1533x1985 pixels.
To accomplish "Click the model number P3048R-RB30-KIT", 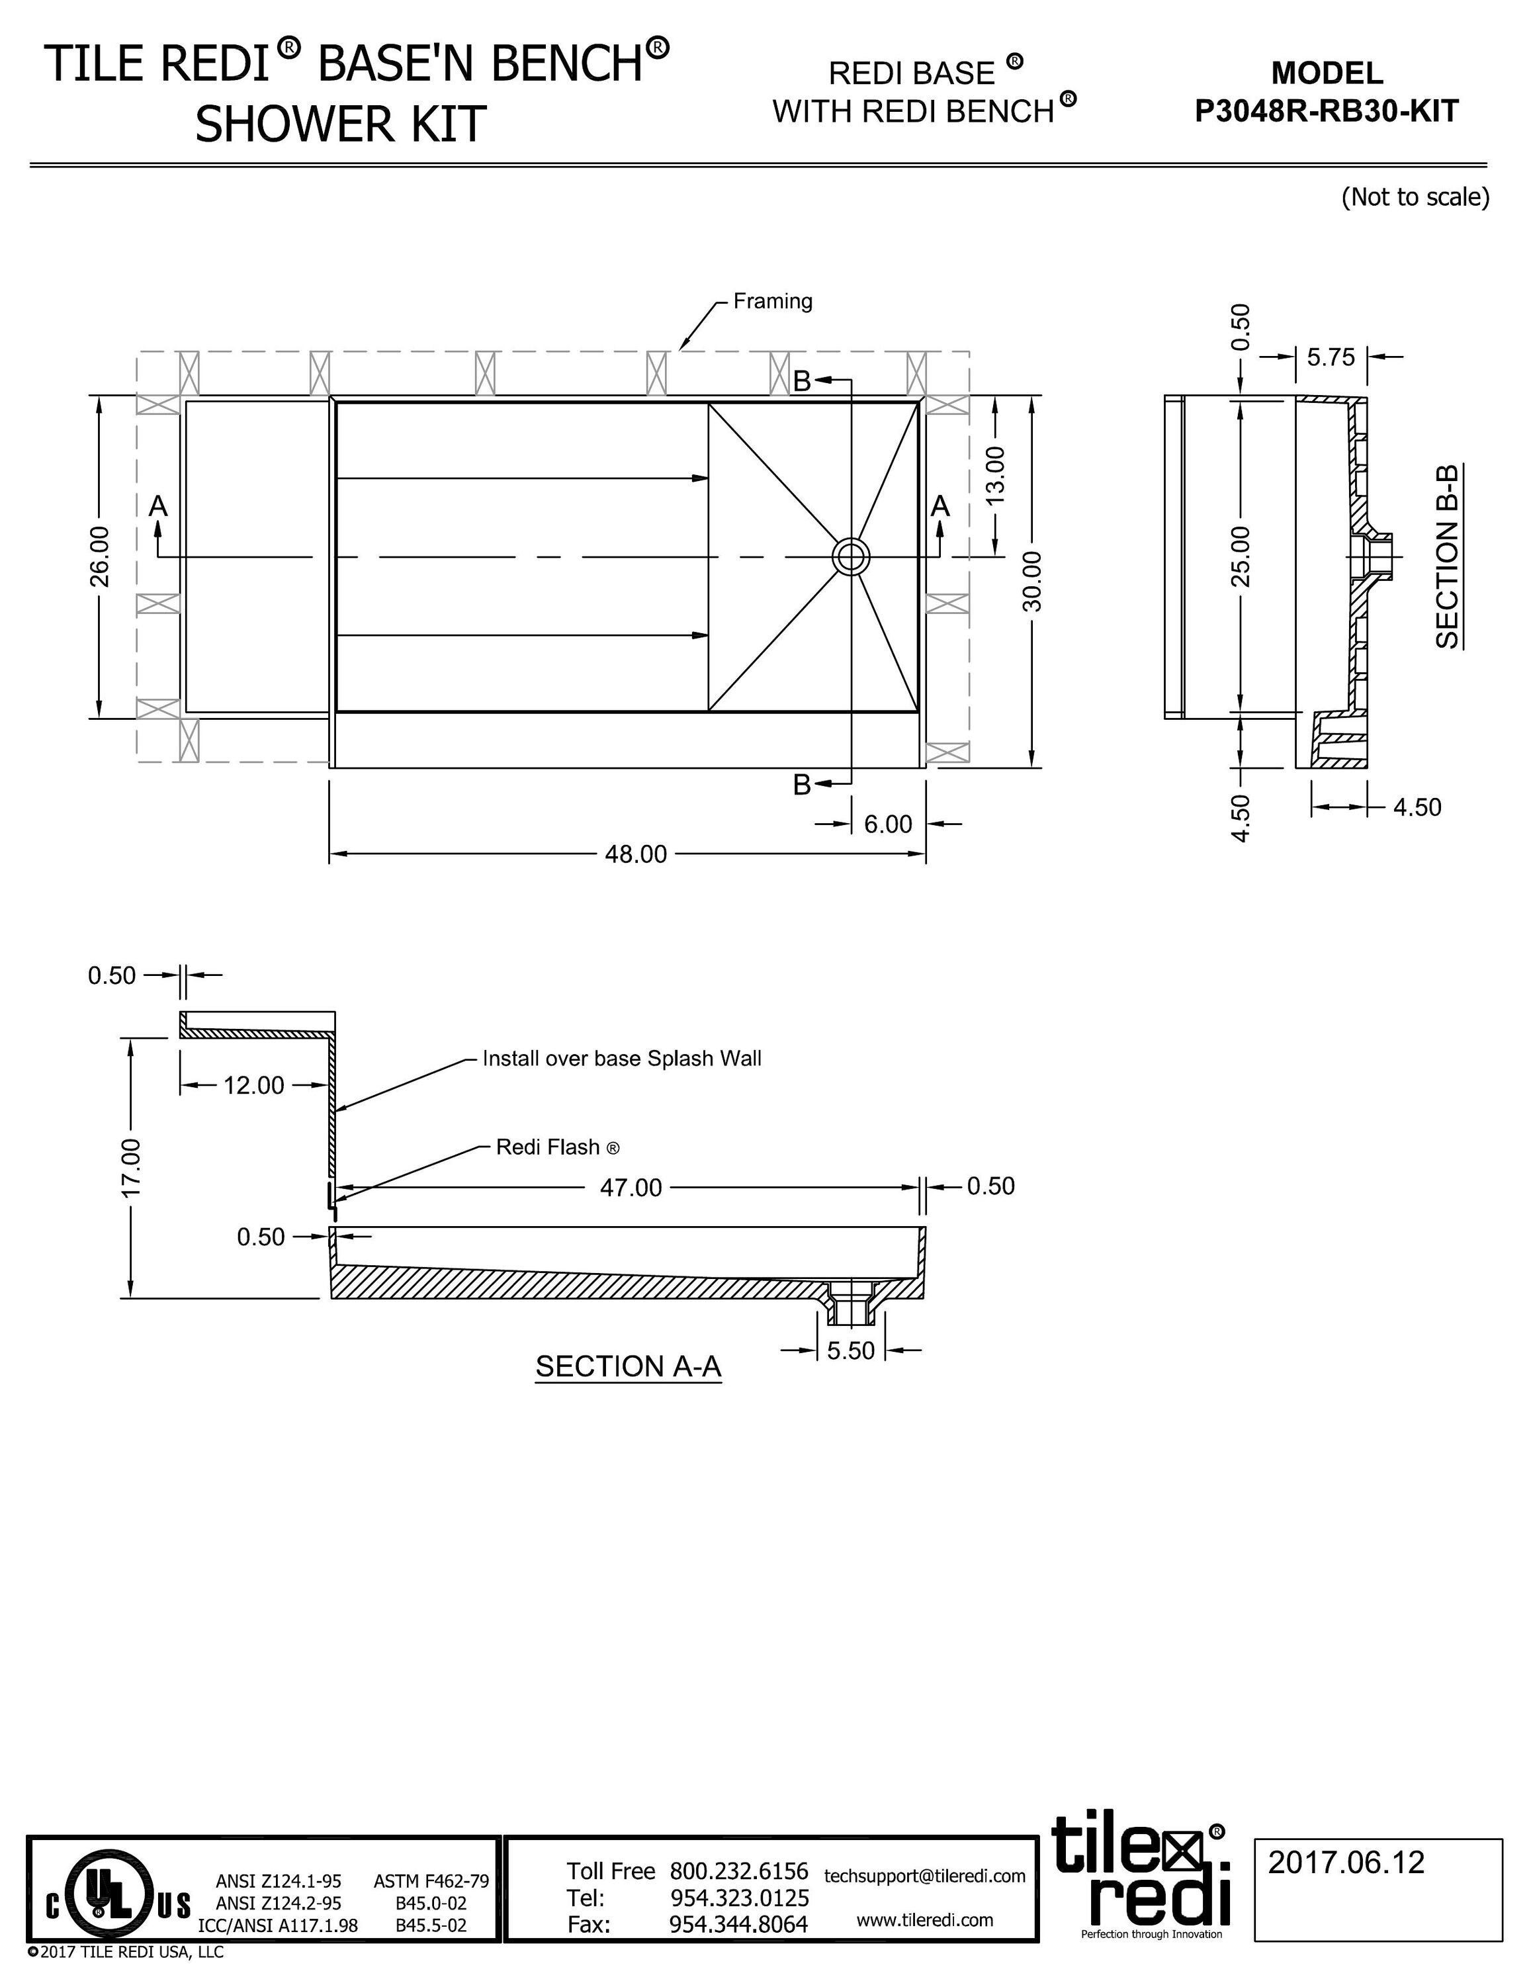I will coord(1326,111).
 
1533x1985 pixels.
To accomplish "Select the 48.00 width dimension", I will coord(635,854).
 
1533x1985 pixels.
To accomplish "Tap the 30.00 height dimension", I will coord(1033,582).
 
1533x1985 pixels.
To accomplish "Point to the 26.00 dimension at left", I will coord(99,556).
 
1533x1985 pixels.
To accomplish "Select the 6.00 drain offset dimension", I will coord(887,824).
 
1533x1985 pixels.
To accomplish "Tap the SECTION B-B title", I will coord(1447,556).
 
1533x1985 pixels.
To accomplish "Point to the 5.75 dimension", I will coord(1331,357).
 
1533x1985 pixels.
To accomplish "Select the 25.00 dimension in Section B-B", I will coord(1241,556).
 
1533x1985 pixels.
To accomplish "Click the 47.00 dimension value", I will coord(631,1188).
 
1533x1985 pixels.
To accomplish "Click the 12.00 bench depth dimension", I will coord(253,1085).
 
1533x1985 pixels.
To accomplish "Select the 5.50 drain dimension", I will coord(851,1350).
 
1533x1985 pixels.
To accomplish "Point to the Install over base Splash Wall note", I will coord(621,1058).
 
